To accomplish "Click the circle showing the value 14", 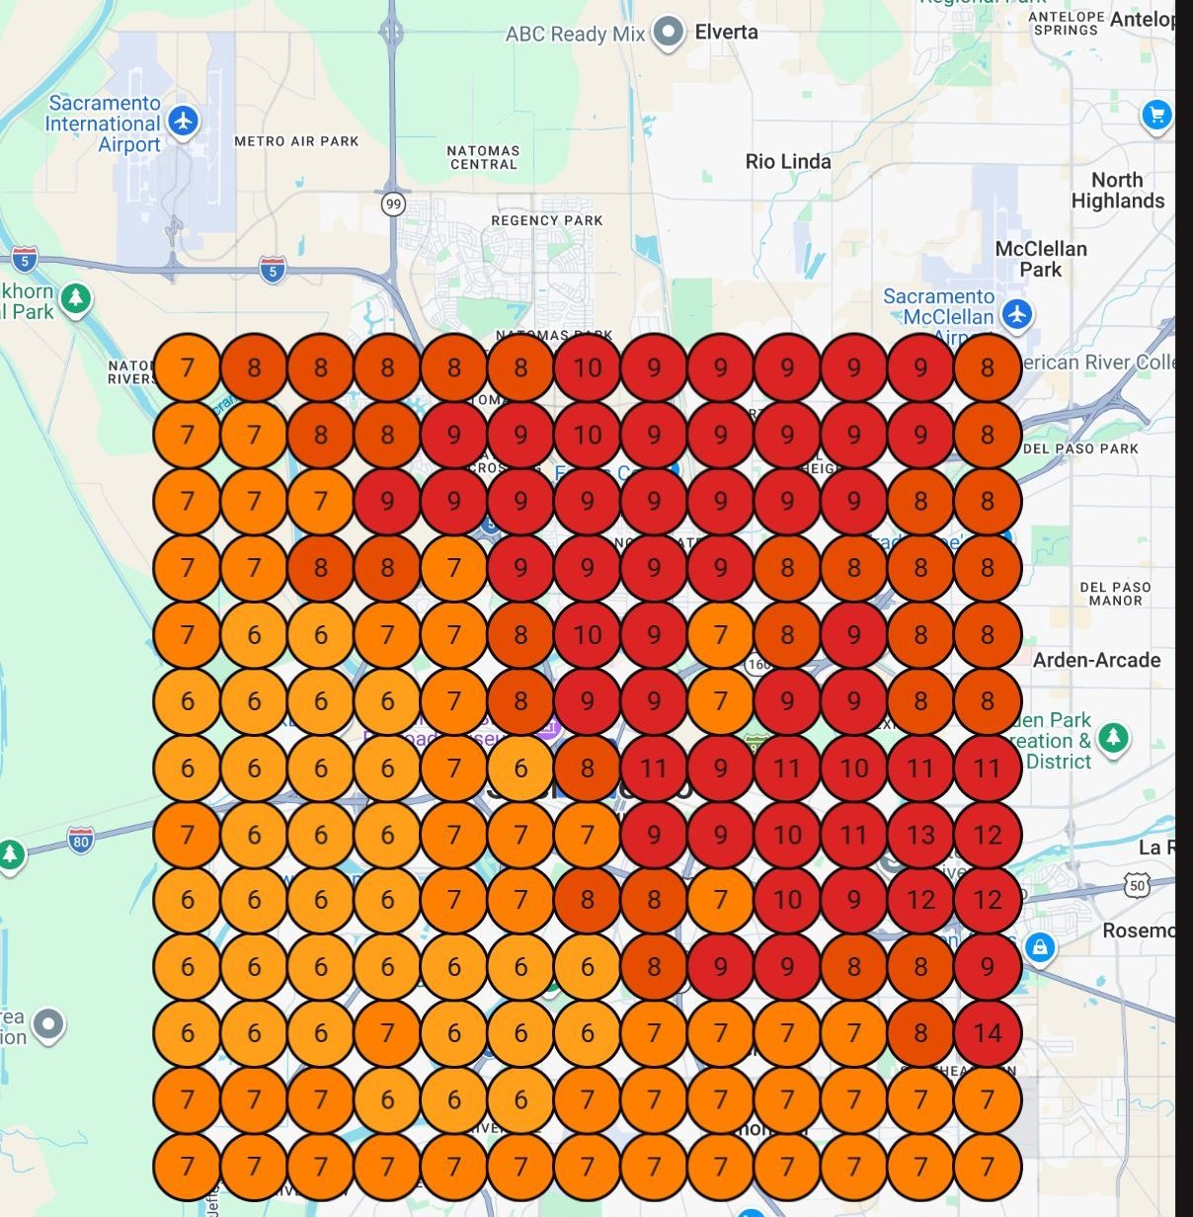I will tap(987, 1033).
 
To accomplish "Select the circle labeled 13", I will tap(920, 835).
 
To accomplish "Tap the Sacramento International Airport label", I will tap(104, 123).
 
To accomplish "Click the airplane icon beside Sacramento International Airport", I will tap(183, 122).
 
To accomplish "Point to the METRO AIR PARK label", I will tap(296, 141).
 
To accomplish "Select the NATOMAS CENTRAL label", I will tap(483, 157).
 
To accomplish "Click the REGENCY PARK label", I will tap(546, 220).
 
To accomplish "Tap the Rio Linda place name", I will tap(788, 161).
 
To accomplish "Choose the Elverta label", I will tap(726, 32).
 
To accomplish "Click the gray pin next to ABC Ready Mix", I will tap(670, 31).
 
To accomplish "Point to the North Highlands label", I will tap(1117, 191).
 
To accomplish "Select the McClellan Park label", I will tap(1041, 259).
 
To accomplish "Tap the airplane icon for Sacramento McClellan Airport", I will tap(1016, 315).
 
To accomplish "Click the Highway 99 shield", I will tap(394, 204).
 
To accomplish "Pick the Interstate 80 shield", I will tap(81, 842).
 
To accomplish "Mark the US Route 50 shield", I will tap(1138, 886).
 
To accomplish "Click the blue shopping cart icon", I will tap(1155, 115).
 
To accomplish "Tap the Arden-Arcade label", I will tap(1096, 660).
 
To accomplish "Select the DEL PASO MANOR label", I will tap(1115, 593).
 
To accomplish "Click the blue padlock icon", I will tap(1039, 947).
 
